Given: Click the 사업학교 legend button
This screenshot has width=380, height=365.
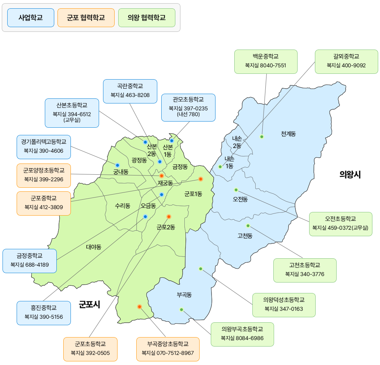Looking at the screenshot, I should pyautogui.click(x=31, y=18).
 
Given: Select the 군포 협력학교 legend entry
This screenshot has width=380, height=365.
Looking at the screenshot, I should pyautogui.click(x=86, y=18).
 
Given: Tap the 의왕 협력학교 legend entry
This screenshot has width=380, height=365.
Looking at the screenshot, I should pyautogui.click(x=147, y=18).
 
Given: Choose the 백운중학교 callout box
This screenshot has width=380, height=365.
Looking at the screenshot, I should pyautogui.click(x=266, y=61).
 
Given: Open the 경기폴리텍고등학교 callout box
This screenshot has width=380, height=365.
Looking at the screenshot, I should pyautogui.click(x=44, y=147).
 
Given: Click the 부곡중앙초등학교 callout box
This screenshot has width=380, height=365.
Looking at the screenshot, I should pyautogui.click(x=168, y=349).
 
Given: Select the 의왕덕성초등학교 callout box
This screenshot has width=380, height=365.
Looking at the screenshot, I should pyautogui.click(x=284, y=305).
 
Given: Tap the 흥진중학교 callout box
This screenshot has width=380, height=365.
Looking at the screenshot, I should pyautogui.click(x=44, y=313).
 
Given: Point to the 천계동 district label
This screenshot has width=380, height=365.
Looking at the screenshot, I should pyautogui.click(x=288, y=134).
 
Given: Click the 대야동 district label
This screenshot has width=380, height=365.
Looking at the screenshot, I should pyautogui.click(x=94, y=247).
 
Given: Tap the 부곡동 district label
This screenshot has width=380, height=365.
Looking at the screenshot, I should pyautogui.click(x=184, y=294).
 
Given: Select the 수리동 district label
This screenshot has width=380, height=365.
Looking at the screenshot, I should pyautogui.click(x=123, y=206).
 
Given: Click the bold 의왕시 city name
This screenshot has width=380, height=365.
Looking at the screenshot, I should pyautogui.click(x=350, y=175).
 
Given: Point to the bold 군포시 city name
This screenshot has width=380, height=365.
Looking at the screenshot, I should pyautogui.click(x=89, y=305).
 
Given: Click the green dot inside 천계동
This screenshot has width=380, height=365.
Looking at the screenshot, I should pyautogui.click(x=262, y=137).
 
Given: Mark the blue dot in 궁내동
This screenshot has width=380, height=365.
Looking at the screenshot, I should pyautogui.click(x=118, y=165).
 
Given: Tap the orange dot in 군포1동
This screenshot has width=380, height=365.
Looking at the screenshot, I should pyautogui.click(x=201, y=179).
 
